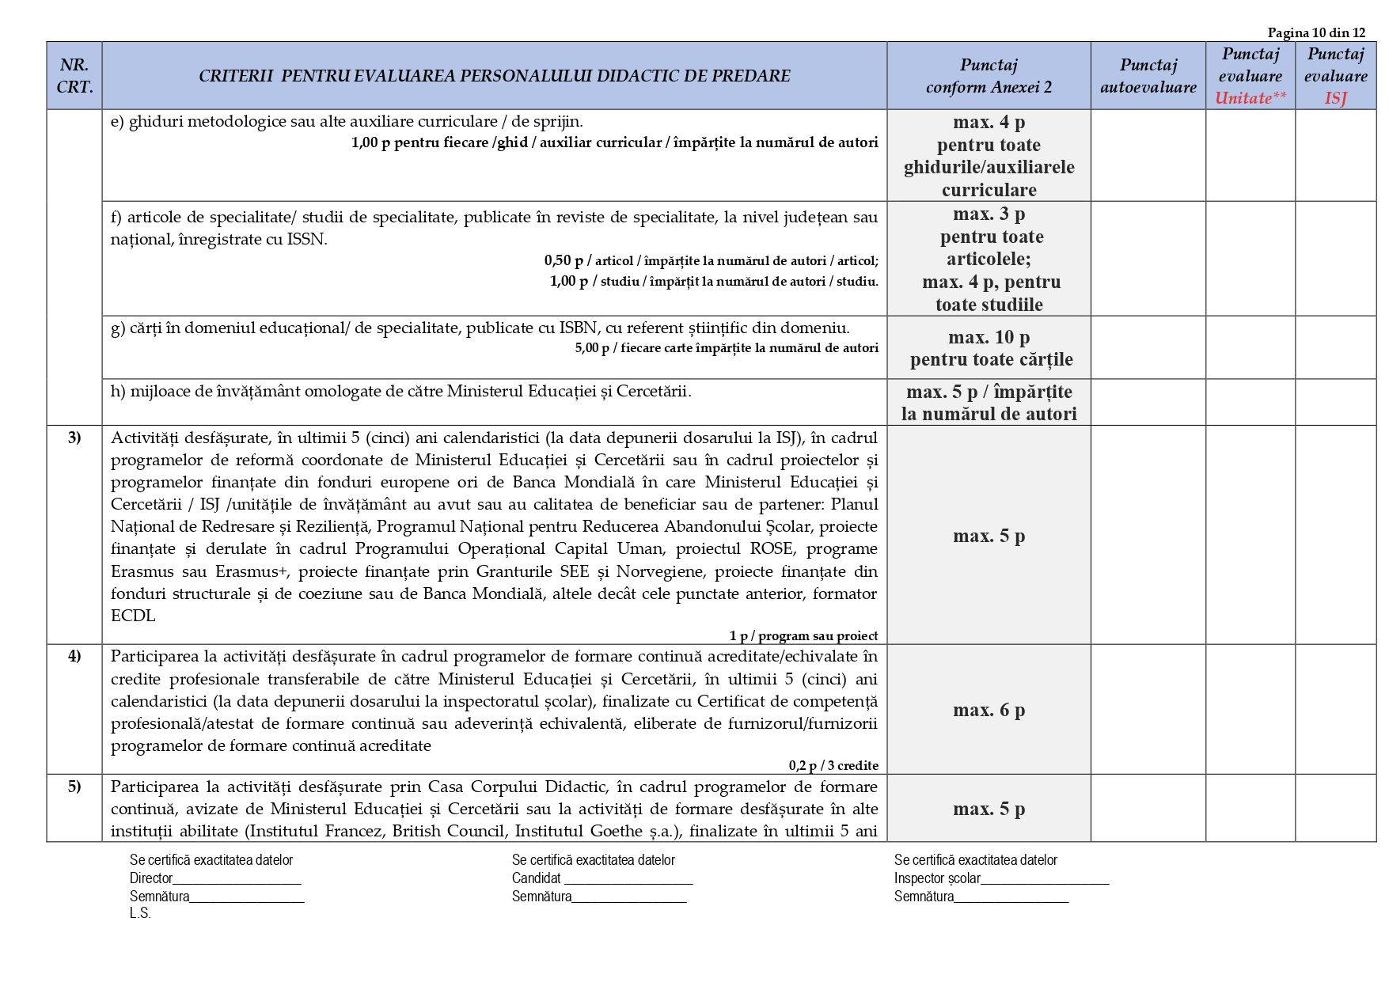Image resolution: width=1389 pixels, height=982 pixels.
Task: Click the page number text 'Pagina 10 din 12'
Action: [x=1316, y=32]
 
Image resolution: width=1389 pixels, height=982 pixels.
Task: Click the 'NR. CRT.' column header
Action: [x=74, y=76]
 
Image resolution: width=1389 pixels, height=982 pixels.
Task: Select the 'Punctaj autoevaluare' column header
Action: [x=1148, y=76]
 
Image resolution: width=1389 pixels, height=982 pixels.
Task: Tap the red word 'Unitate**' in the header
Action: [x=1250, y=98]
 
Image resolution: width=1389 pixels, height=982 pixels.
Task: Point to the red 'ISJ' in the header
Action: [x=1335, y=98]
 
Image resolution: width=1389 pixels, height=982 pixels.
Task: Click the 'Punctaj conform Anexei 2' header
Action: [x=989, y=76]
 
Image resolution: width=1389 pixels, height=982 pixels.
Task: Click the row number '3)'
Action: [x=74, y=438]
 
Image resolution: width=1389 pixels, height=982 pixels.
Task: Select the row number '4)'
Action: [x=74, y=656]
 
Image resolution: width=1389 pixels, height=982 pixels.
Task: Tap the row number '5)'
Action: [x=74, y=787]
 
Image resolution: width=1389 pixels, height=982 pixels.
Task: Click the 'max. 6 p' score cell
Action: [x=989, y=710]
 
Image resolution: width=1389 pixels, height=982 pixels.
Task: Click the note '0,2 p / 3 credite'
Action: [x=833, y=765]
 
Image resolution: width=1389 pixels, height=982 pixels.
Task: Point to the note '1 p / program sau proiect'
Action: [x=803, y=635]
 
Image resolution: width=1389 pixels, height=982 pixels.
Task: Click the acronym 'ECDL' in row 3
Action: [x=133, y=616]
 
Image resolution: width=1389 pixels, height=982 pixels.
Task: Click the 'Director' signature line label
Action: [x=151, y=878]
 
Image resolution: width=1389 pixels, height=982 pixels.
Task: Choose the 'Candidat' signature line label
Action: [x=536, y=878]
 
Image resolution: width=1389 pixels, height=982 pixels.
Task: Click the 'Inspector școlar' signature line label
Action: [x=936, y=878]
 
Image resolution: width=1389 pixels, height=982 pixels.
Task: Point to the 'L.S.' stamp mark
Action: [x=140, y=913]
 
